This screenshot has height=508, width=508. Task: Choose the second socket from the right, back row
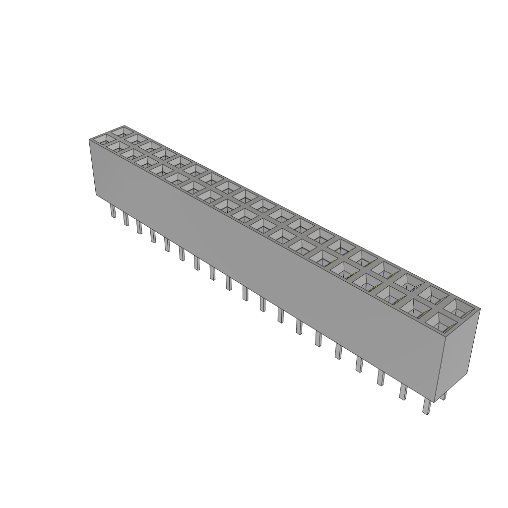435,297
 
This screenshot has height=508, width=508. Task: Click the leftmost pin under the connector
113,212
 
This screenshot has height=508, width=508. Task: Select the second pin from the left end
126,219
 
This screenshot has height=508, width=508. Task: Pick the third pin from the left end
139,227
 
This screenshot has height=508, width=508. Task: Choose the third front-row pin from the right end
381,378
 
